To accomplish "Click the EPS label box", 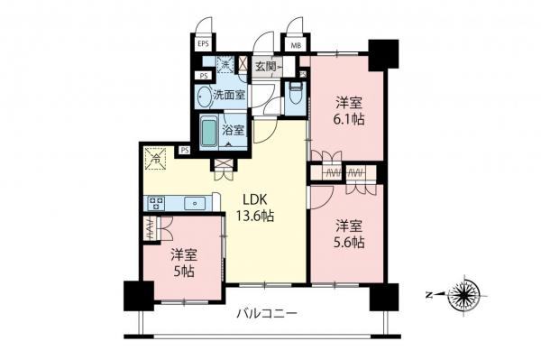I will point(203,42).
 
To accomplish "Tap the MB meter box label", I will point(295,42).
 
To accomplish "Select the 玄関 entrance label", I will point(267,66).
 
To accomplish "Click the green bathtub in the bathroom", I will point(209,132).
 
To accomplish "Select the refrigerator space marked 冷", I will point(155,161).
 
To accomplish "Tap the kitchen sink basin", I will point(194,204).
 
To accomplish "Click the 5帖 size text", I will point(186,270).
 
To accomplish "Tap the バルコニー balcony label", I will point(266,316).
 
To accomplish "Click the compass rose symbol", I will point(467,294).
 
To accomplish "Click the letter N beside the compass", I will point(427,294).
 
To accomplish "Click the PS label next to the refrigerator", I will point(184,151).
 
